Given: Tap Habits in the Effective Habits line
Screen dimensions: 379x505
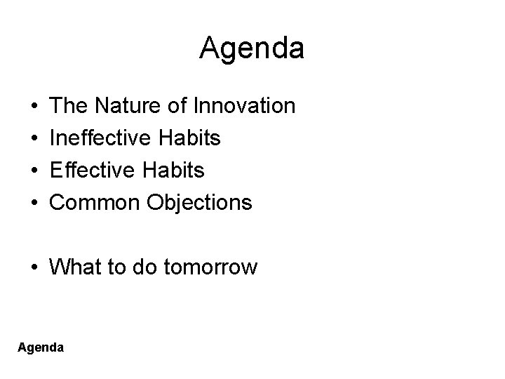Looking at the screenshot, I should coord(176,171).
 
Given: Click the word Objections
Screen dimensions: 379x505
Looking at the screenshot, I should coord(198,203).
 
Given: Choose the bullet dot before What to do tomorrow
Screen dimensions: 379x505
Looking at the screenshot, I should coord(34,268).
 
